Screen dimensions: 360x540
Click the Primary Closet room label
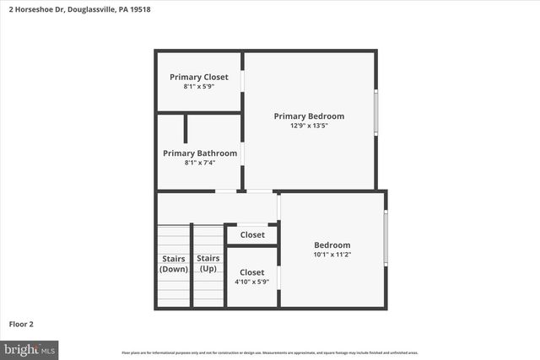point(199,77)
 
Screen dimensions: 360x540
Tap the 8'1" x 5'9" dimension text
point(199,87)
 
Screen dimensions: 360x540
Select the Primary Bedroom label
point(309,116)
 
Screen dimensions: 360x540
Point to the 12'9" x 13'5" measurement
point(309,126)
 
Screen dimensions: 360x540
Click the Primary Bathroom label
point(200,153)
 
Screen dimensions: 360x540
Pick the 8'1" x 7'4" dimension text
point(200,164)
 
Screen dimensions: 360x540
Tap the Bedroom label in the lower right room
point(332,245)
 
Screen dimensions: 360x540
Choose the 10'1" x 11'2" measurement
point(332,255)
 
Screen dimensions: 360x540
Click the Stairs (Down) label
point(173,264)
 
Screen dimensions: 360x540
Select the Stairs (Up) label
point(208,264)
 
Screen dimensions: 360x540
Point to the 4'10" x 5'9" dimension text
point(252,282)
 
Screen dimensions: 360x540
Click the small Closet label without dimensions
point(252,235)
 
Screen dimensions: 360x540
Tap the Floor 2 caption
point(22,324)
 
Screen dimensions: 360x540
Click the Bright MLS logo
point(30,348)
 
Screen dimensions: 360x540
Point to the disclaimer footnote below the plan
point(269,352)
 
